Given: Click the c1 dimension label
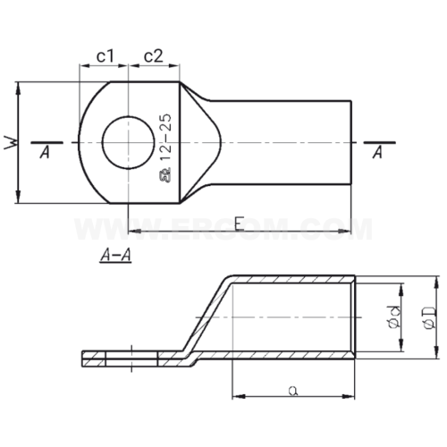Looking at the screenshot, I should (105, 56).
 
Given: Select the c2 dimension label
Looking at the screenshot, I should (153, 56).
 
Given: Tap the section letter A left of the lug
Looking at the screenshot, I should (44, 154).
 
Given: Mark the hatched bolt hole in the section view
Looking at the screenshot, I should (131, 358).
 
